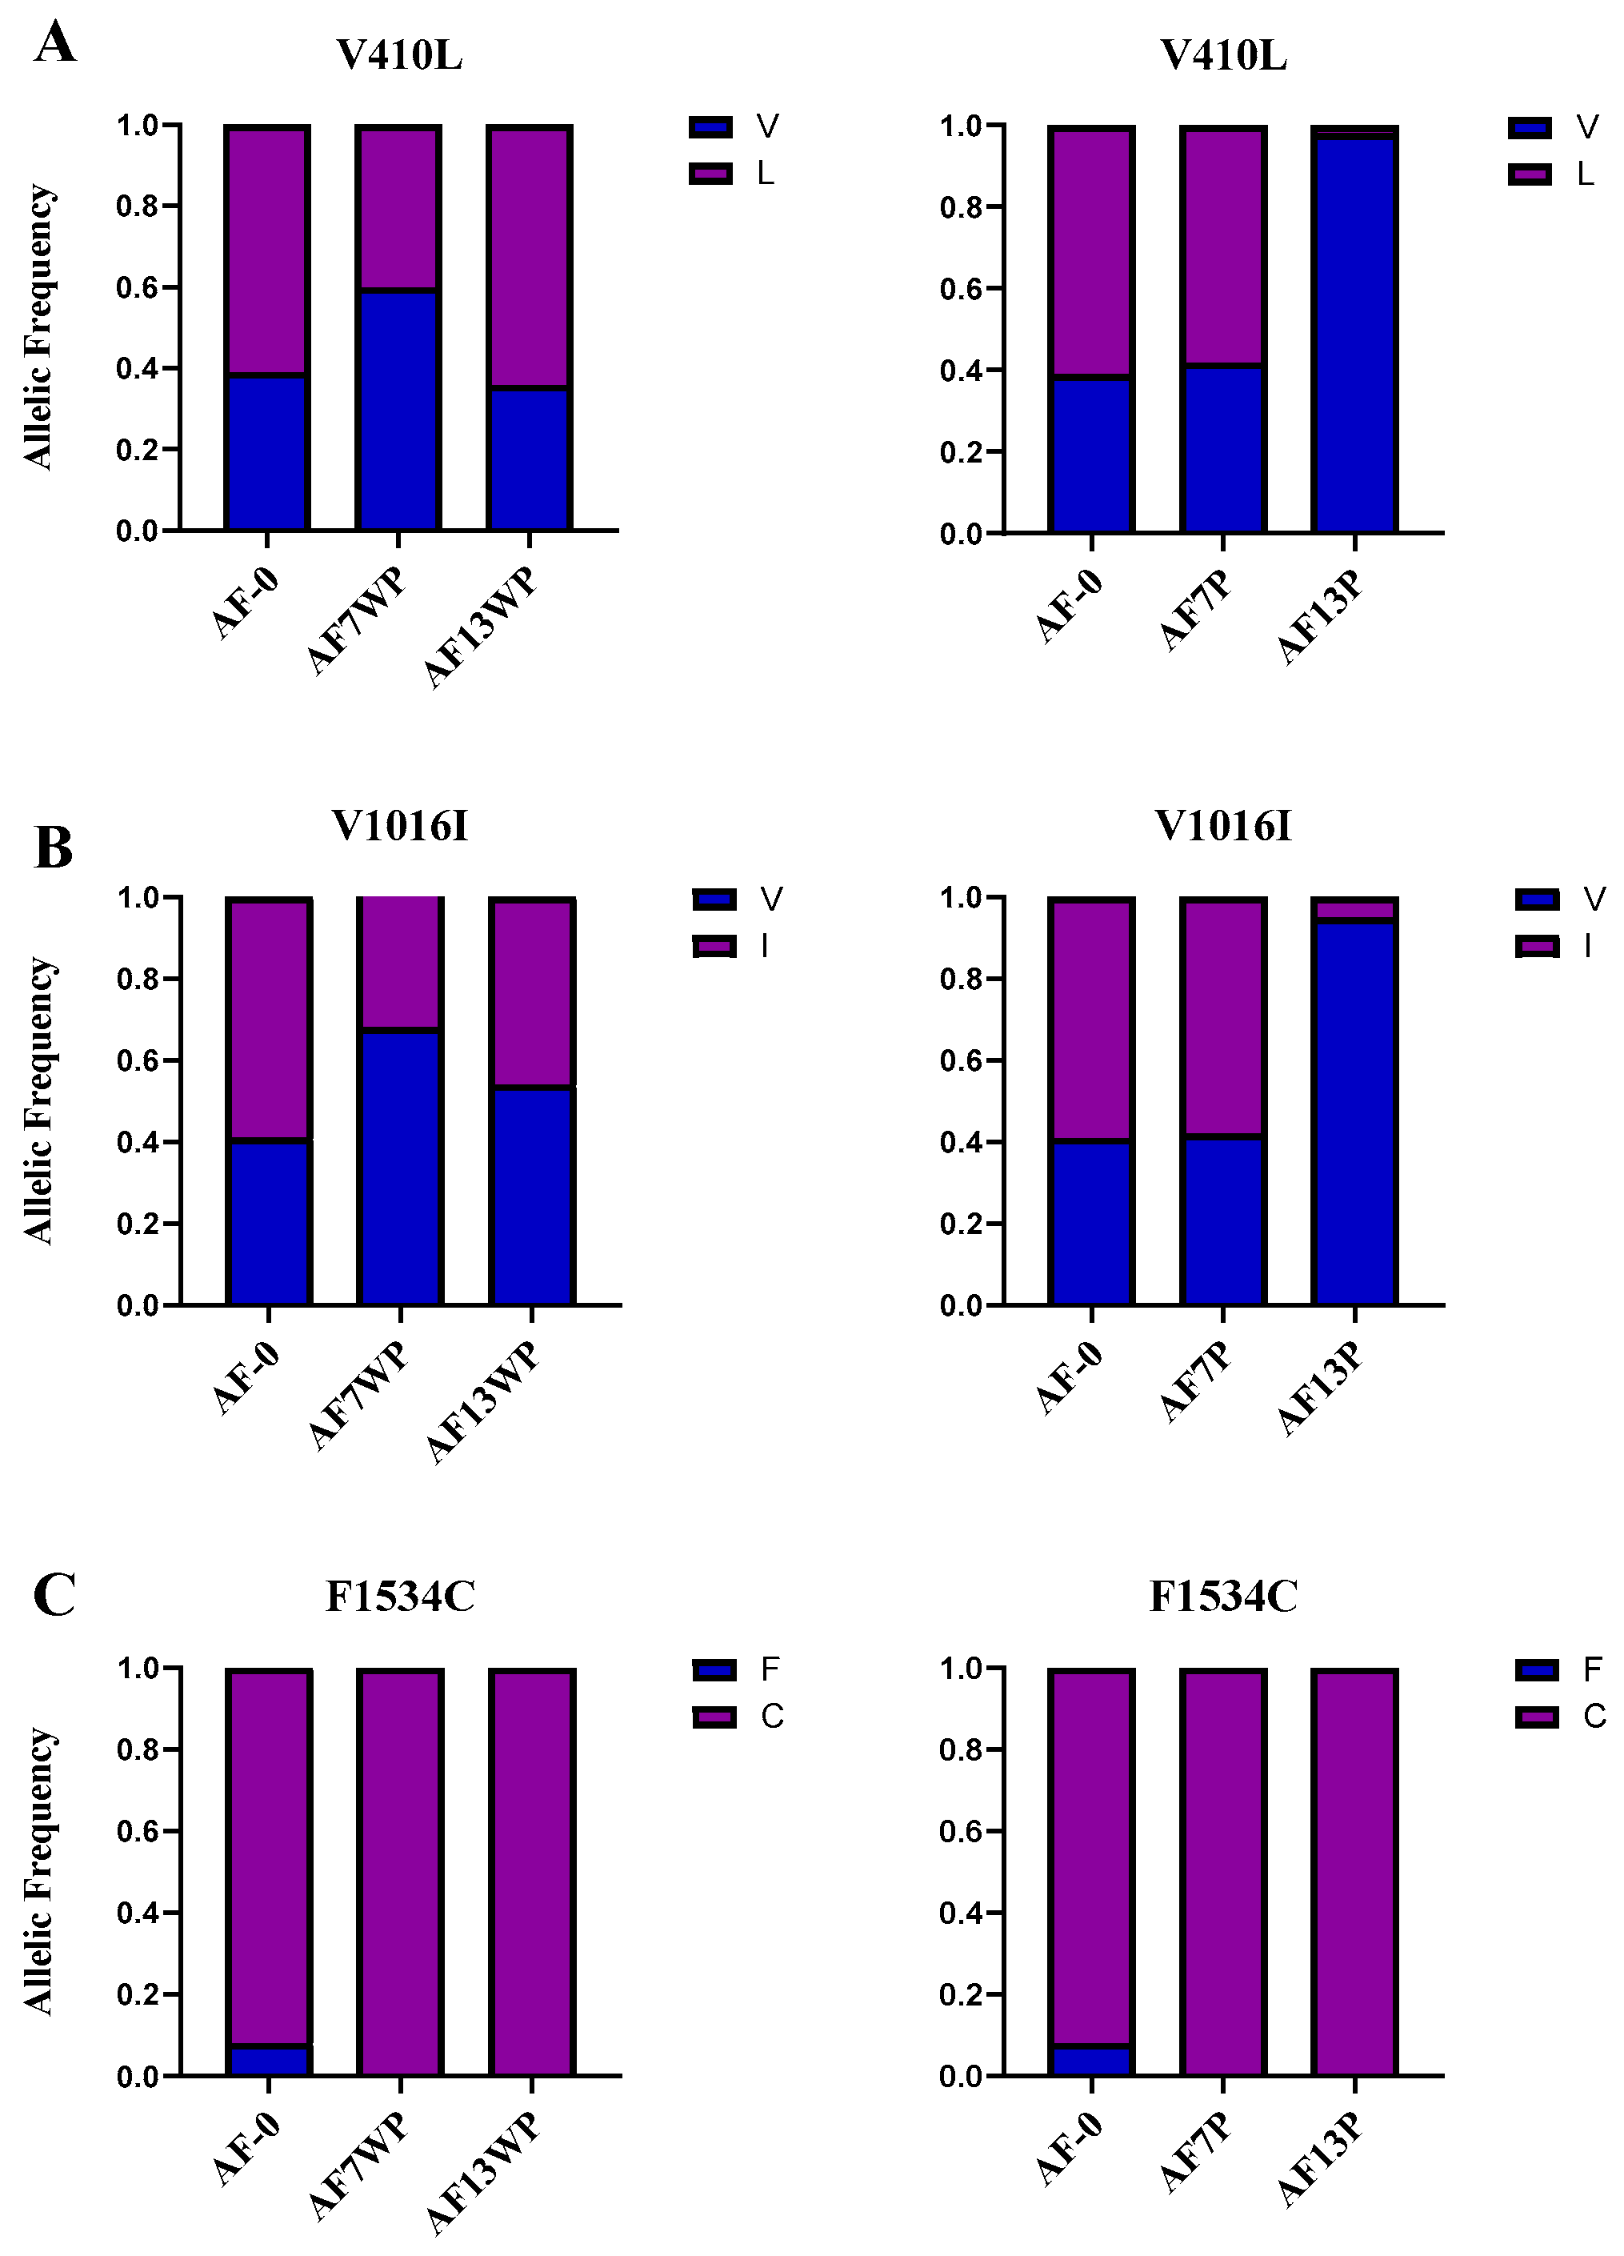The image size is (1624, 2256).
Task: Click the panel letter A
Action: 54,44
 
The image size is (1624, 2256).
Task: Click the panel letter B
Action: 53,848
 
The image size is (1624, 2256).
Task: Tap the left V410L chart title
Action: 400,57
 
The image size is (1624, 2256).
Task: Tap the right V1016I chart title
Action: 1223,827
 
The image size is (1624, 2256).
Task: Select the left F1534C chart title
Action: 400,1597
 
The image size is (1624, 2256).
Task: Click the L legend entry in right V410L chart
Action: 1551,175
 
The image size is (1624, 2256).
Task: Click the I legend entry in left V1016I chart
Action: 736,947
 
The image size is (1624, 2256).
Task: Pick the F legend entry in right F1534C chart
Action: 1558,1670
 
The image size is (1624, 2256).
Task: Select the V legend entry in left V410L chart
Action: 734,126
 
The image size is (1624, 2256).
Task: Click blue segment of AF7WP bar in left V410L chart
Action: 398,410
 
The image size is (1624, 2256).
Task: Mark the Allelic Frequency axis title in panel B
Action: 40,1100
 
